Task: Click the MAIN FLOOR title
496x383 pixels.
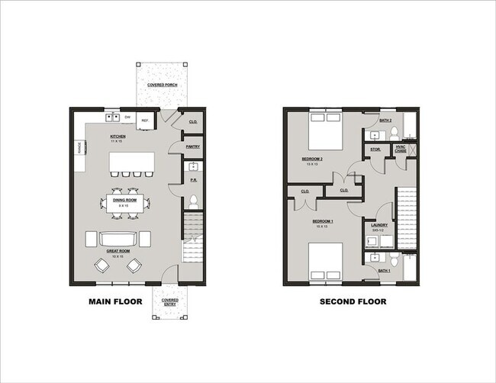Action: point(112,302)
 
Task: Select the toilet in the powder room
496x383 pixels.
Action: point(194,202)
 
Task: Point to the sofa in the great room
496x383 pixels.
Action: point(119,240)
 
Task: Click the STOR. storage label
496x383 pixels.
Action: point(376,150)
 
